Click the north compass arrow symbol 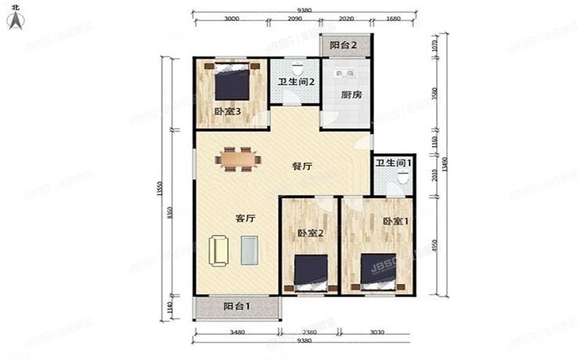tap(14, 20)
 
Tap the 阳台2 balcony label tap(343, 46)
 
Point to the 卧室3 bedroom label tap(227, 111)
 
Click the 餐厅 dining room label tap(303, 166)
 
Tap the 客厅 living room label tap(246, 219)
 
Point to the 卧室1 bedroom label tap(396, 221)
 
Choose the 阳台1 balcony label tap(236, 307)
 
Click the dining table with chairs tap(239, 159)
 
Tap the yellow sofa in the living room tap(218, 251)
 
